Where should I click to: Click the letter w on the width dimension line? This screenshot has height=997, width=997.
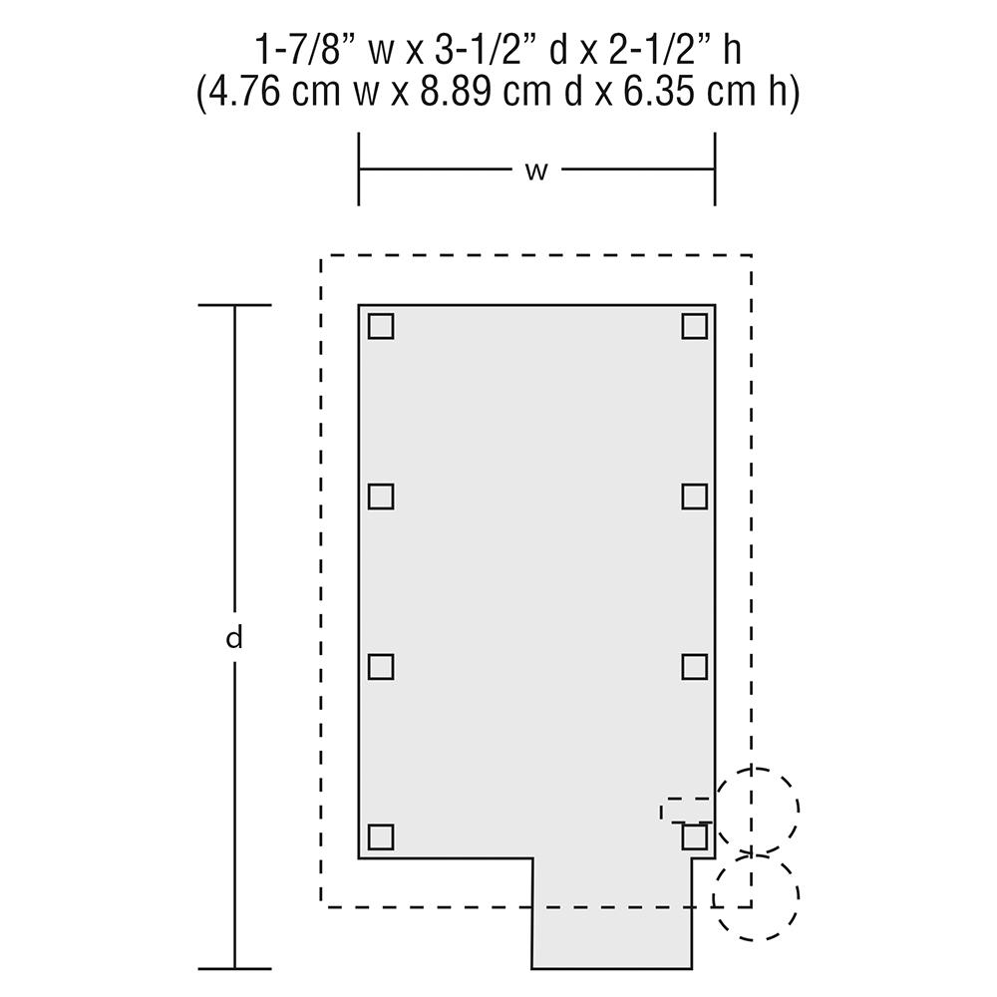536,171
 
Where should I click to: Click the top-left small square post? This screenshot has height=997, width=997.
381,326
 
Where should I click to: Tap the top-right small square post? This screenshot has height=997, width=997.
695,326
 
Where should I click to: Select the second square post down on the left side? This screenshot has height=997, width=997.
381,496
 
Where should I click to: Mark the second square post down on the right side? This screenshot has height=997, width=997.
695,496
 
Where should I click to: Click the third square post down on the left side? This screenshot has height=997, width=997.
381,666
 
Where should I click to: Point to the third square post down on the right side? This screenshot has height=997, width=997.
695,666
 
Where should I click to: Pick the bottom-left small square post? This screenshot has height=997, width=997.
381,836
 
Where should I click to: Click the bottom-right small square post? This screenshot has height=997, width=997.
695,836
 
